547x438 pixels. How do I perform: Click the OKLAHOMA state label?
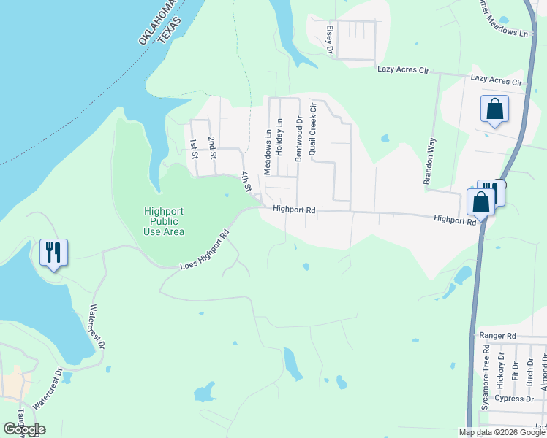click(158, 22)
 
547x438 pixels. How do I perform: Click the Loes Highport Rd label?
click(205, 250)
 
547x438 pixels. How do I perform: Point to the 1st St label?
click(194, 148)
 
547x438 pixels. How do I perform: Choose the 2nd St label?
click(212, 147)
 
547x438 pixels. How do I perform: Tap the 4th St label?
click(247, 181)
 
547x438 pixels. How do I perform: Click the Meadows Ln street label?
click(268, 139)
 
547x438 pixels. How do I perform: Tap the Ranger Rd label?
click(497, 336)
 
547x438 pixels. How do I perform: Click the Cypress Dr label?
click(514, 399)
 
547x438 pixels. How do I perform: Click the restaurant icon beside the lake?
click(53, 253)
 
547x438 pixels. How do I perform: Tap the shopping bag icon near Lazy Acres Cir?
click(494, 109)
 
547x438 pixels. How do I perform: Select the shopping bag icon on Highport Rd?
click(480, 202)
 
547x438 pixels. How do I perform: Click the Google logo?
click(24, 429)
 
